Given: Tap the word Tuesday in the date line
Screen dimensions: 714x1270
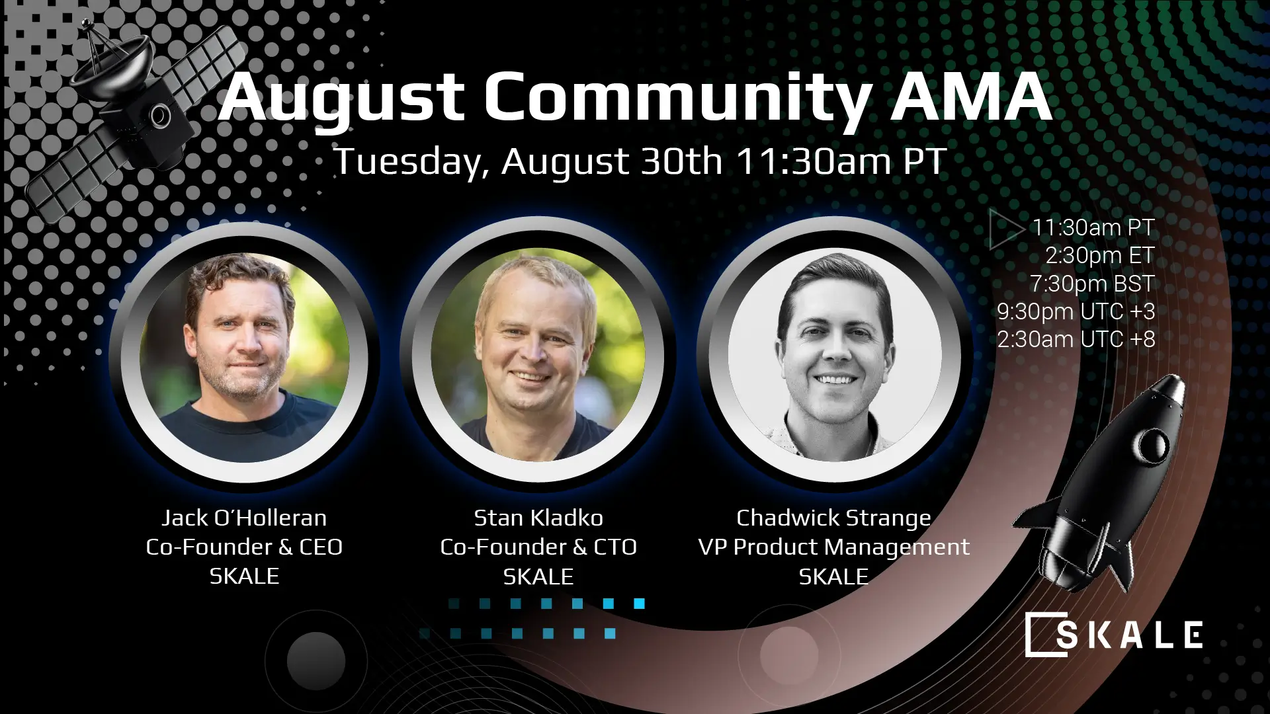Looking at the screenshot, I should pos(409,161).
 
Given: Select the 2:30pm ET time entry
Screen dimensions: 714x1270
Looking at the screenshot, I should pos(1099,255).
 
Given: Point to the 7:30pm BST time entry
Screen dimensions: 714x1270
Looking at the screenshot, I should pos(1091,284).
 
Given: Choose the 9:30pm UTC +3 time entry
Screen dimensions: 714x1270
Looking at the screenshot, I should pos(1076,311).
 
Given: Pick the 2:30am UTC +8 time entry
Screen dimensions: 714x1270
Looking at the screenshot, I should pos(1076,340).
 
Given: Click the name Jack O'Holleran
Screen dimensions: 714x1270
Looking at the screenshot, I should pos(244,518).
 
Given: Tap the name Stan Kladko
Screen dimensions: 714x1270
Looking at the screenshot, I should pos(538,518).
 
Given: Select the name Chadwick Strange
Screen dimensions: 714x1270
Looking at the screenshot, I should pos(833,518).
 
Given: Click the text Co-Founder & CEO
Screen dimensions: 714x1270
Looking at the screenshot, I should pos(244,547).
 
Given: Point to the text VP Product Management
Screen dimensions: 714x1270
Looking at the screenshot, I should pos(833,547).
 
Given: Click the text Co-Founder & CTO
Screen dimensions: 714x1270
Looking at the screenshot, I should pos(538,547).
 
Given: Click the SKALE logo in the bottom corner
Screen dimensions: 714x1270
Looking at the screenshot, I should pos(1114,635).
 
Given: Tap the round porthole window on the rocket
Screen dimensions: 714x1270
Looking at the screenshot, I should pos(1154,444).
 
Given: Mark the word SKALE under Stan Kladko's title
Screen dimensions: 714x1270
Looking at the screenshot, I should pos(538,577).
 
